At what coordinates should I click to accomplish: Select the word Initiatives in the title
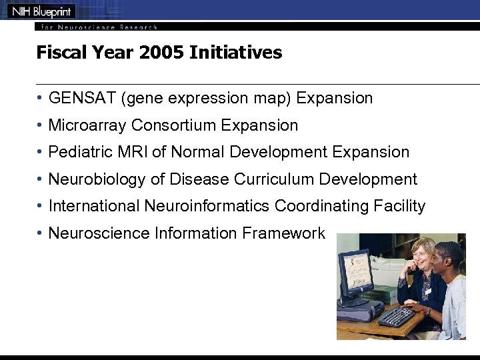[x=235, y=53]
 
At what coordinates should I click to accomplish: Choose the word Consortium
[x=174, y=125]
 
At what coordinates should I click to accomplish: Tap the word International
[x=94, y=207]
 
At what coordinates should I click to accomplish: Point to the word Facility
[x=399, y=207]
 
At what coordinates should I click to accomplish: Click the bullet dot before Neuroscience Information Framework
[x=41, y=233]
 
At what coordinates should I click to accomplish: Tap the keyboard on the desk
[x=397, y=315]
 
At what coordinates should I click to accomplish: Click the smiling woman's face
[x=423, y=256]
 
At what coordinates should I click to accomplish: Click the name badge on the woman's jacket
[x=427, y=291]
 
